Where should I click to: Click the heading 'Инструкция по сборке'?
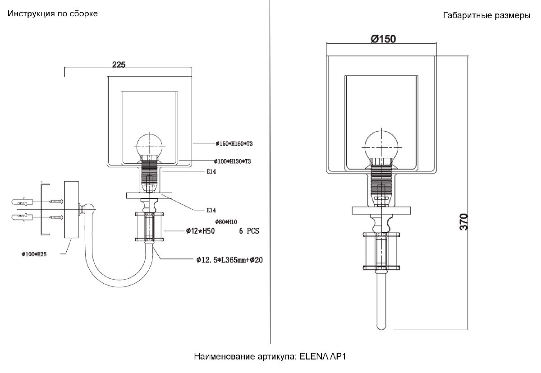(52, 14)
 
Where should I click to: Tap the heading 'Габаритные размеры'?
(486, 16)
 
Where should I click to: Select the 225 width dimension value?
(118, 64)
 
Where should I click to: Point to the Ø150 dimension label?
(383, 39)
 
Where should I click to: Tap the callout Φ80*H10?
(226, 221)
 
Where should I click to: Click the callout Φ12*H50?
(200, 231)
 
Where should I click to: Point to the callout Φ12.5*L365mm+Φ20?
(229, 260)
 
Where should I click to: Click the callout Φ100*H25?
(34, 254)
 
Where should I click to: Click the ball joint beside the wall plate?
(90, 210)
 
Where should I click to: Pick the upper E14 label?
(211, 171)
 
